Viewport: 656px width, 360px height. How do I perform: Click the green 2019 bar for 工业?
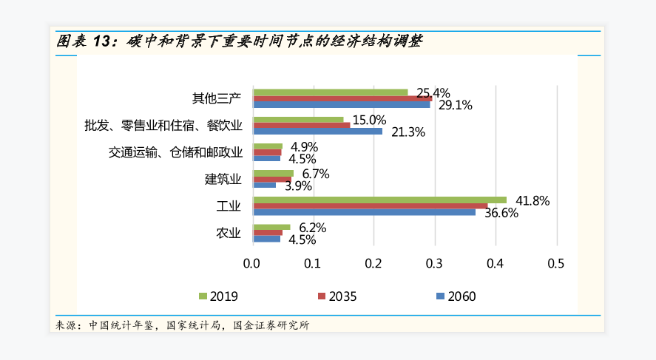click(379, 200)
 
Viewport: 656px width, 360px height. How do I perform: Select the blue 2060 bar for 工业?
click(364, 212)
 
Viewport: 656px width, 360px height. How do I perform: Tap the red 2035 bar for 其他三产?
click(342, 98)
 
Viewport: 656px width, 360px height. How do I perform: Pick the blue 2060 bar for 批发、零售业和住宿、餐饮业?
click(317, 132)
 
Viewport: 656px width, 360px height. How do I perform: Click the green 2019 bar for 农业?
click(271, 227)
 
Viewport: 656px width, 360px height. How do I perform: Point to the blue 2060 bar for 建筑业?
click(264, 185)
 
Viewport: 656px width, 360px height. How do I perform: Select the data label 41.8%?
click(533, 200)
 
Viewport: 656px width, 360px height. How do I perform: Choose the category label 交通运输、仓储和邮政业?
click(175, 153)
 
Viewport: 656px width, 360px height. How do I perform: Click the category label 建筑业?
click(223, 180)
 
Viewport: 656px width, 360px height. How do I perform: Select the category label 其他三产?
click(216, 99)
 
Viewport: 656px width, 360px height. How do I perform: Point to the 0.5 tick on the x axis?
click(555, 263)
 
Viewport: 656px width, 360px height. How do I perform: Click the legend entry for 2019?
click(217, 296)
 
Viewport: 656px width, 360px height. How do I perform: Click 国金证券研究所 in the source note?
click(271, 325)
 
